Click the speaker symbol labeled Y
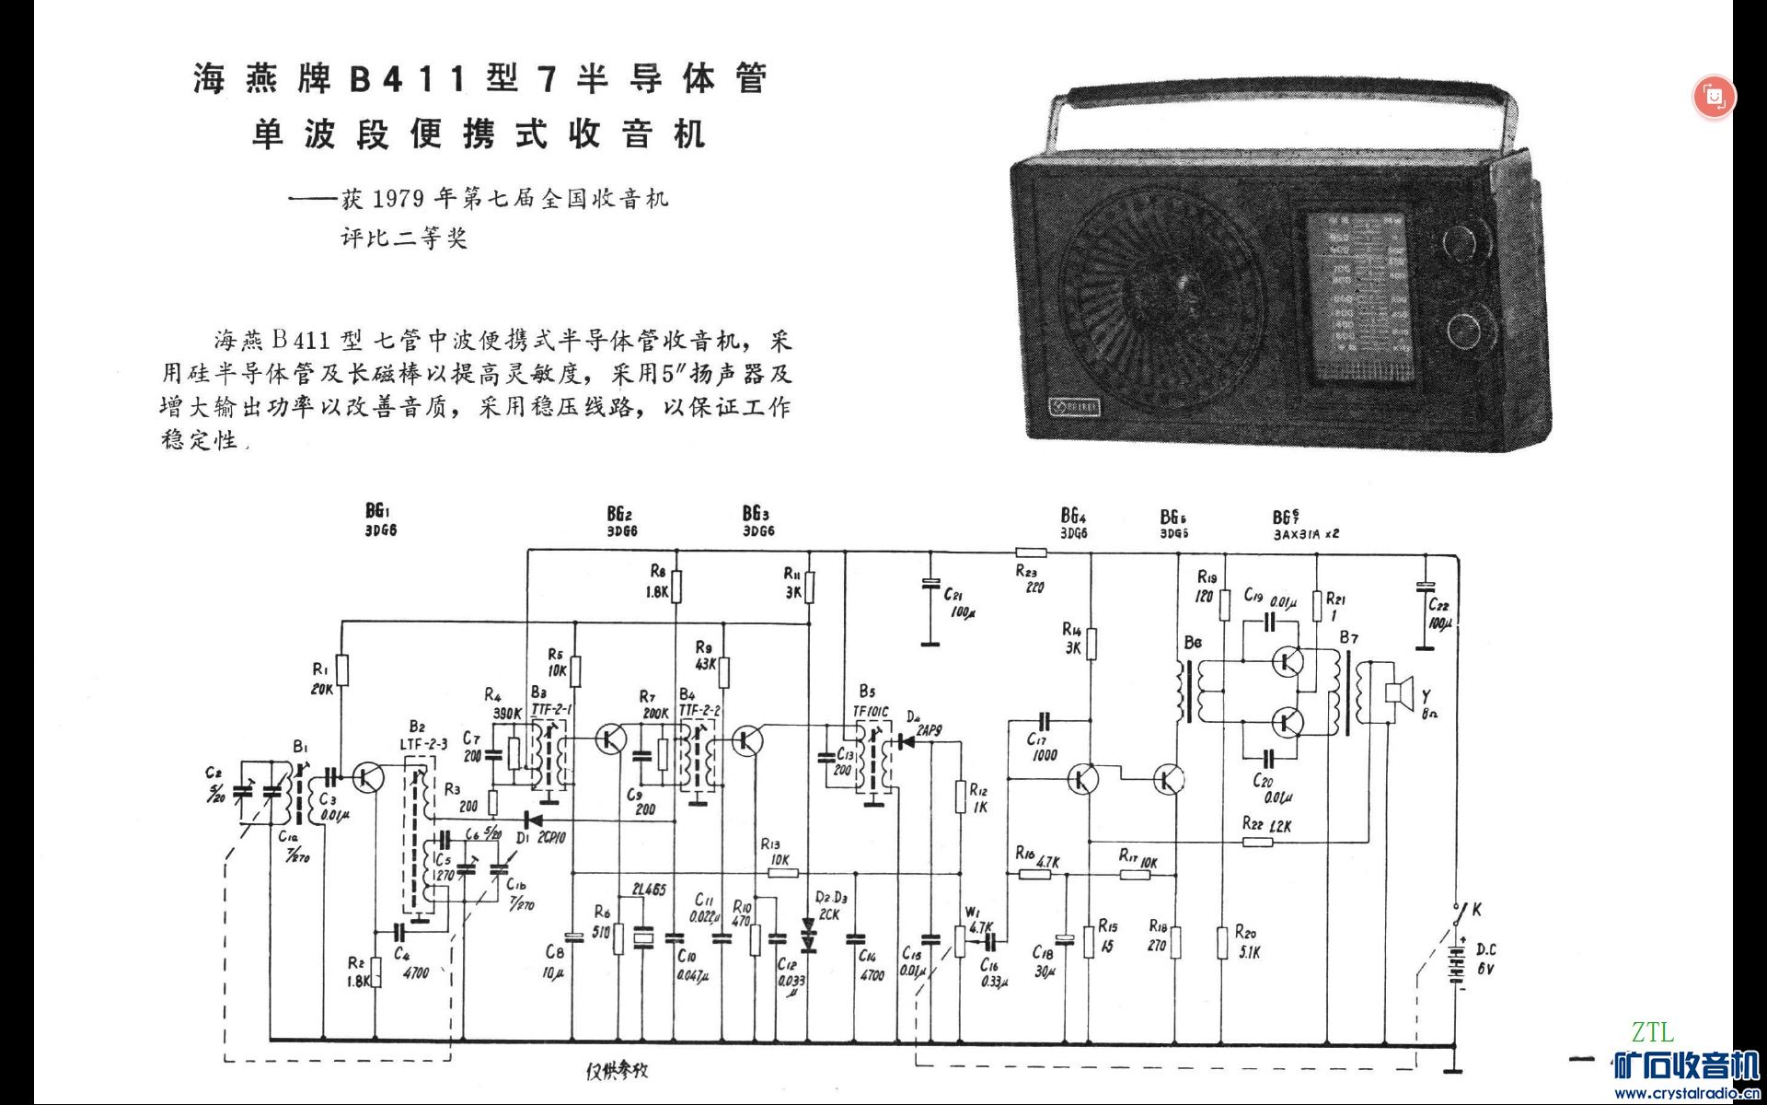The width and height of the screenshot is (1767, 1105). point(1398,692)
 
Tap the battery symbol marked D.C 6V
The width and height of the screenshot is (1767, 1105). point(1456,962)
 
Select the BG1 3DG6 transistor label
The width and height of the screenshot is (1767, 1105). point(380,520)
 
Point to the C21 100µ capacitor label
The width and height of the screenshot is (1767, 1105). point(959,603)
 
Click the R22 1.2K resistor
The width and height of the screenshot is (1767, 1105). point(1257,841)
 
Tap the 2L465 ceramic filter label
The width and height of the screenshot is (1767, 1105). point(649,890)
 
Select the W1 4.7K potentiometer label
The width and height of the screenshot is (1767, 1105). point(977,920)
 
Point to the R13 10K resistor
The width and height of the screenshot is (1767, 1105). point(782,872)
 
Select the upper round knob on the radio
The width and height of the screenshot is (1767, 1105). point(1462,241)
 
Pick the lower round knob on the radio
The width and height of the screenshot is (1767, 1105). point(1464,330)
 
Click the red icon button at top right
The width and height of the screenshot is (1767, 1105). point(1714,97)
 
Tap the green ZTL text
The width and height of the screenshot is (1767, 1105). point(1653,1032)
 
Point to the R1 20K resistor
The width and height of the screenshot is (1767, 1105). point(342,669)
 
